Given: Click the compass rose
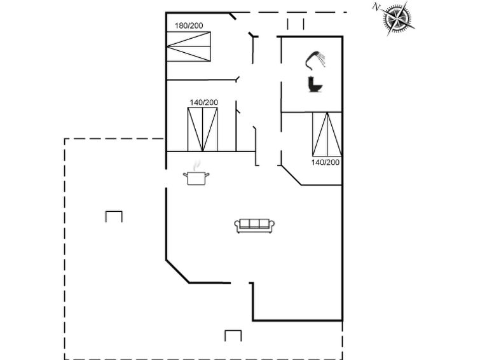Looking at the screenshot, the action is (398, 18).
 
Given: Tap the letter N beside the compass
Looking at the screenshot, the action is (376, 7).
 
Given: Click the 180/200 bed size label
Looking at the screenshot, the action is (189, 25).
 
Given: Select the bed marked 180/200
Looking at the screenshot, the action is (189, 46).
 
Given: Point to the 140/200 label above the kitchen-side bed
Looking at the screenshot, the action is (203, 102).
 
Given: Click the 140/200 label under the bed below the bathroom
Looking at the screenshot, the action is (326, 162).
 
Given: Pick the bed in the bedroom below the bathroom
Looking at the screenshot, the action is (327, 134).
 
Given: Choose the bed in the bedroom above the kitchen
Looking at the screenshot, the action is (202, 129).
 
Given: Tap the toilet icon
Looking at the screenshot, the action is (315, 84).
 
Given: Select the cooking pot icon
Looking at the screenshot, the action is (196, 178).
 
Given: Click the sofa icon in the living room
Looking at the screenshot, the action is (254, 226).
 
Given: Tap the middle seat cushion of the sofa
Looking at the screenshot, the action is (254, 224).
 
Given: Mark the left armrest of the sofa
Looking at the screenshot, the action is (237, 226).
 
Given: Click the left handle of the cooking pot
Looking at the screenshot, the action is (185, 175).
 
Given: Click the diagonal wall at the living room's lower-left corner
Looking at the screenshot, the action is (177, 272).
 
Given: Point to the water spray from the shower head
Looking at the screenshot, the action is (322, 59).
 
